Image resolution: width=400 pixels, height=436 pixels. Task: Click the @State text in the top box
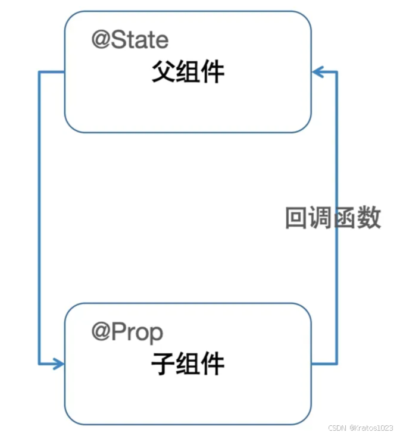pyautogui.click(x=130, y=40)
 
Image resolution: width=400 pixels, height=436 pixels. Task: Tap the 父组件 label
pyautogui.click(x=187, y=73)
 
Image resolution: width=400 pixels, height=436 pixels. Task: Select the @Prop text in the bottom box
pyautogui.click(x=127, y=332)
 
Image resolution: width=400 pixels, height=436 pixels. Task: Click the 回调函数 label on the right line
pyautogui.click(x=333, y=218)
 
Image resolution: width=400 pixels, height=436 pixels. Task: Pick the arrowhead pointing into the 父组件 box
pyautogui.click(x=317, y=72)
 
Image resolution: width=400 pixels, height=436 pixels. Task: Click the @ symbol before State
pyautogui.click(x=99, y=40)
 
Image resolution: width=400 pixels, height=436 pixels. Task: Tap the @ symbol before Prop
pyautogui.click(x=99, y=332)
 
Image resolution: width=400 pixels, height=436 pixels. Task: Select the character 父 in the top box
pyautogui.click(x=162, y=73)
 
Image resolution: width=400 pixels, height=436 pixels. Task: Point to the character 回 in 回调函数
pyautogui.click(x=296, y=218)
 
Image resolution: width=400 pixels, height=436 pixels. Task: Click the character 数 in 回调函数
pyautogui.click(x=369, y=218)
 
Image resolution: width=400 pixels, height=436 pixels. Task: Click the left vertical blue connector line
pyautogui.click(x=39, y=214)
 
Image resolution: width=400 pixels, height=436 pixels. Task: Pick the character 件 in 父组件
pyautogui.click(x=212, y=73)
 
